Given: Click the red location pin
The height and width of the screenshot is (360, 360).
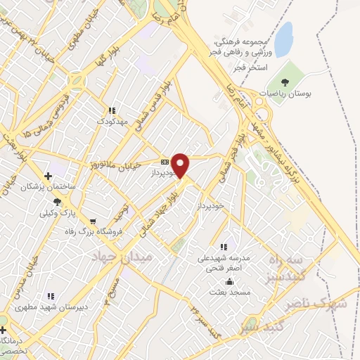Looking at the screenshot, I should (181, 165).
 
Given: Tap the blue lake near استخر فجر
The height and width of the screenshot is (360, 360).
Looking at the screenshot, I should (283, 39).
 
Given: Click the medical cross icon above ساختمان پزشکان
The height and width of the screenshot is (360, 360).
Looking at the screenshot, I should (48, 176).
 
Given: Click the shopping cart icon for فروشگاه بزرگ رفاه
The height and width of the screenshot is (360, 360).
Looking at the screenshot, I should (92, 221).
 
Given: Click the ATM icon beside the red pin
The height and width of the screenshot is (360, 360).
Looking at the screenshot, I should (165, 160).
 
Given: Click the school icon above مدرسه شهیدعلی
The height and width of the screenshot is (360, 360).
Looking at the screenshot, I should (224, 247).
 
